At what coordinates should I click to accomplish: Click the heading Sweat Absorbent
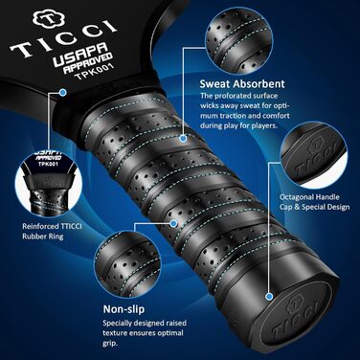click(x=242, y=84)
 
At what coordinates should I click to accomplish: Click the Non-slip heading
click(x=124, y=309)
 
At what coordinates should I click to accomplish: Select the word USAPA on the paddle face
click(x=79, y=55)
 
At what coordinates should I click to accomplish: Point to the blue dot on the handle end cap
click(x=269, y=297)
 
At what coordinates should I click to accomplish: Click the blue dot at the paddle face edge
click(x=63, y=93)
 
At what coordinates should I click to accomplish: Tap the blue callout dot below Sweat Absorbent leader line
click(x=183, y=138)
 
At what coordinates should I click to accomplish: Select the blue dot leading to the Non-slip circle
click(x=173, y=223)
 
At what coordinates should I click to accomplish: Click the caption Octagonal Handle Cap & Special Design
click(x=314, y=202)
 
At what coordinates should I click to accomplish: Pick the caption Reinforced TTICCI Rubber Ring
click(x=52, y=232)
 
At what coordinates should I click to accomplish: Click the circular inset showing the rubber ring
click(x=48, y=183)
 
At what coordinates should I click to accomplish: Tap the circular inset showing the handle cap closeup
click(x=314, y=155)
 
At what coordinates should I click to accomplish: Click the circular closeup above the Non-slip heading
click(x=127, y=264)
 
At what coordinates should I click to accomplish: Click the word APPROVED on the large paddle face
click(x=88, y=64)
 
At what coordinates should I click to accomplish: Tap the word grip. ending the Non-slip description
click(x=110, y=344)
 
